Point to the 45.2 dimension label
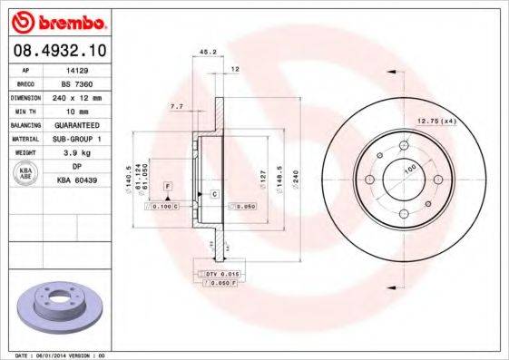point(207,53)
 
